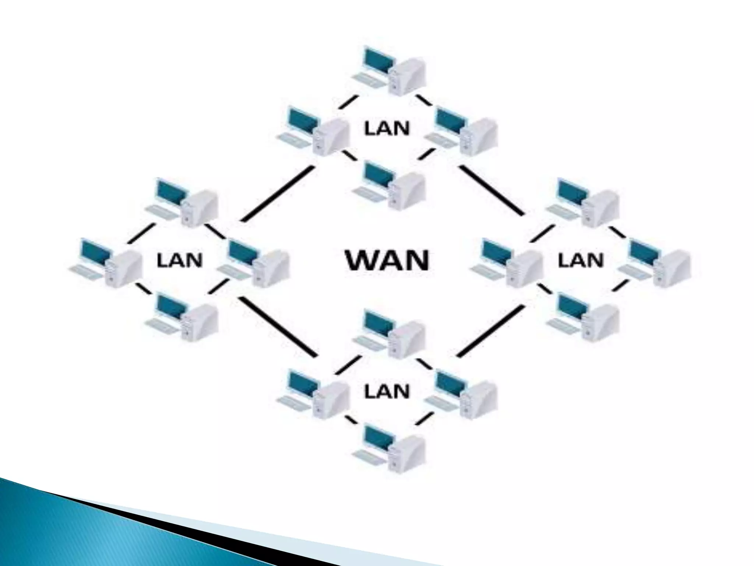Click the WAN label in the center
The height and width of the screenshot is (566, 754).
pyautogui.click(x=388, y=261)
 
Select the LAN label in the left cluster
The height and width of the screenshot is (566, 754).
pyautogui.click(x=180, y=260)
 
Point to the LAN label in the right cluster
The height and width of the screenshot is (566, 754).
pyautogui.click(x=581, y=261)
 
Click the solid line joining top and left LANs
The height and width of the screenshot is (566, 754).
pyautogui.click(x=278, y=194)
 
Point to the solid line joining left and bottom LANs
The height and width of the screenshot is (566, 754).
pyautogui.click(x=278, y=327)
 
